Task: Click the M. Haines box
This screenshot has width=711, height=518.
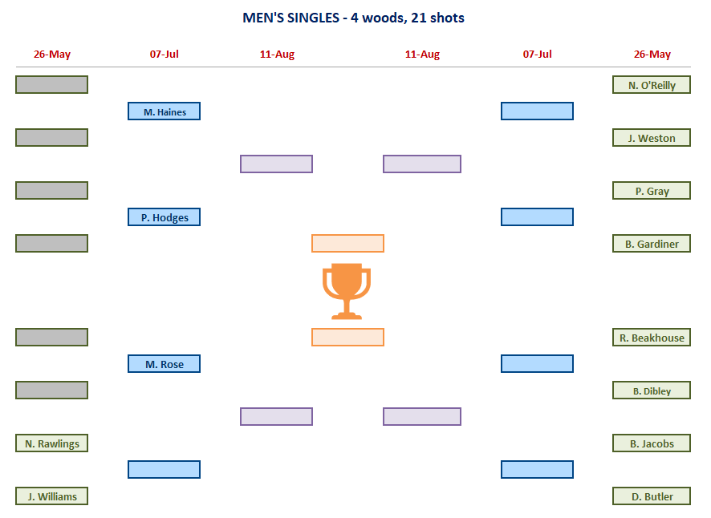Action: [x=164, y=111]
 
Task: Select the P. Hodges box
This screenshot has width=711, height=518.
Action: [x=164, y=217]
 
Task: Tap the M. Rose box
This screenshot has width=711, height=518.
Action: [x=164, y=364]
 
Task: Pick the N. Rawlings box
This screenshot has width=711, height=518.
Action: [x=51, y=443]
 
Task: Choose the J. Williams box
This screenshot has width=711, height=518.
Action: [x=51, y=496]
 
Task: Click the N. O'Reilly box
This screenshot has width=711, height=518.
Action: [x=652, y=85]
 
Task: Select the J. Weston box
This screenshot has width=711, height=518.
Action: [x=652, y=138]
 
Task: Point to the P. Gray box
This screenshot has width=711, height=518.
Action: [x=652, y=191]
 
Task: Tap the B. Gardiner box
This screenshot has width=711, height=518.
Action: [x=652, y=244]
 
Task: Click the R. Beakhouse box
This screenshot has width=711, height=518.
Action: [x=652, y=338]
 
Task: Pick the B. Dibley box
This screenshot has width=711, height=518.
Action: [x=652, y=391]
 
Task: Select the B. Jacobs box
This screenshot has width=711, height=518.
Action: [x=652, y=443]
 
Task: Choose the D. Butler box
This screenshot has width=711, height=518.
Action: [x=652, y=496]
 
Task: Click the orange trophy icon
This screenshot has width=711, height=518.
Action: [x=347, y=290]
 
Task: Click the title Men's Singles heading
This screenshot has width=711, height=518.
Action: [x=353, y=18]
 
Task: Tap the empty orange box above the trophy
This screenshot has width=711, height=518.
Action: [x=347, y=243]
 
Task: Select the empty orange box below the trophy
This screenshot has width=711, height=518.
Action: [x=347, y=337]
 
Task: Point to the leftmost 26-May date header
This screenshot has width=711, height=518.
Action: [x=52, y=55]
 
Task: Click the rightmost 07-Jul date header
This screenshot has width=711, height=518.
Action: [x=538, y=55]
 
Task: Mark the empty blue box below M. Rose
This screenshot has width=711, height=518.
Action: [x=164, y=469]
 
